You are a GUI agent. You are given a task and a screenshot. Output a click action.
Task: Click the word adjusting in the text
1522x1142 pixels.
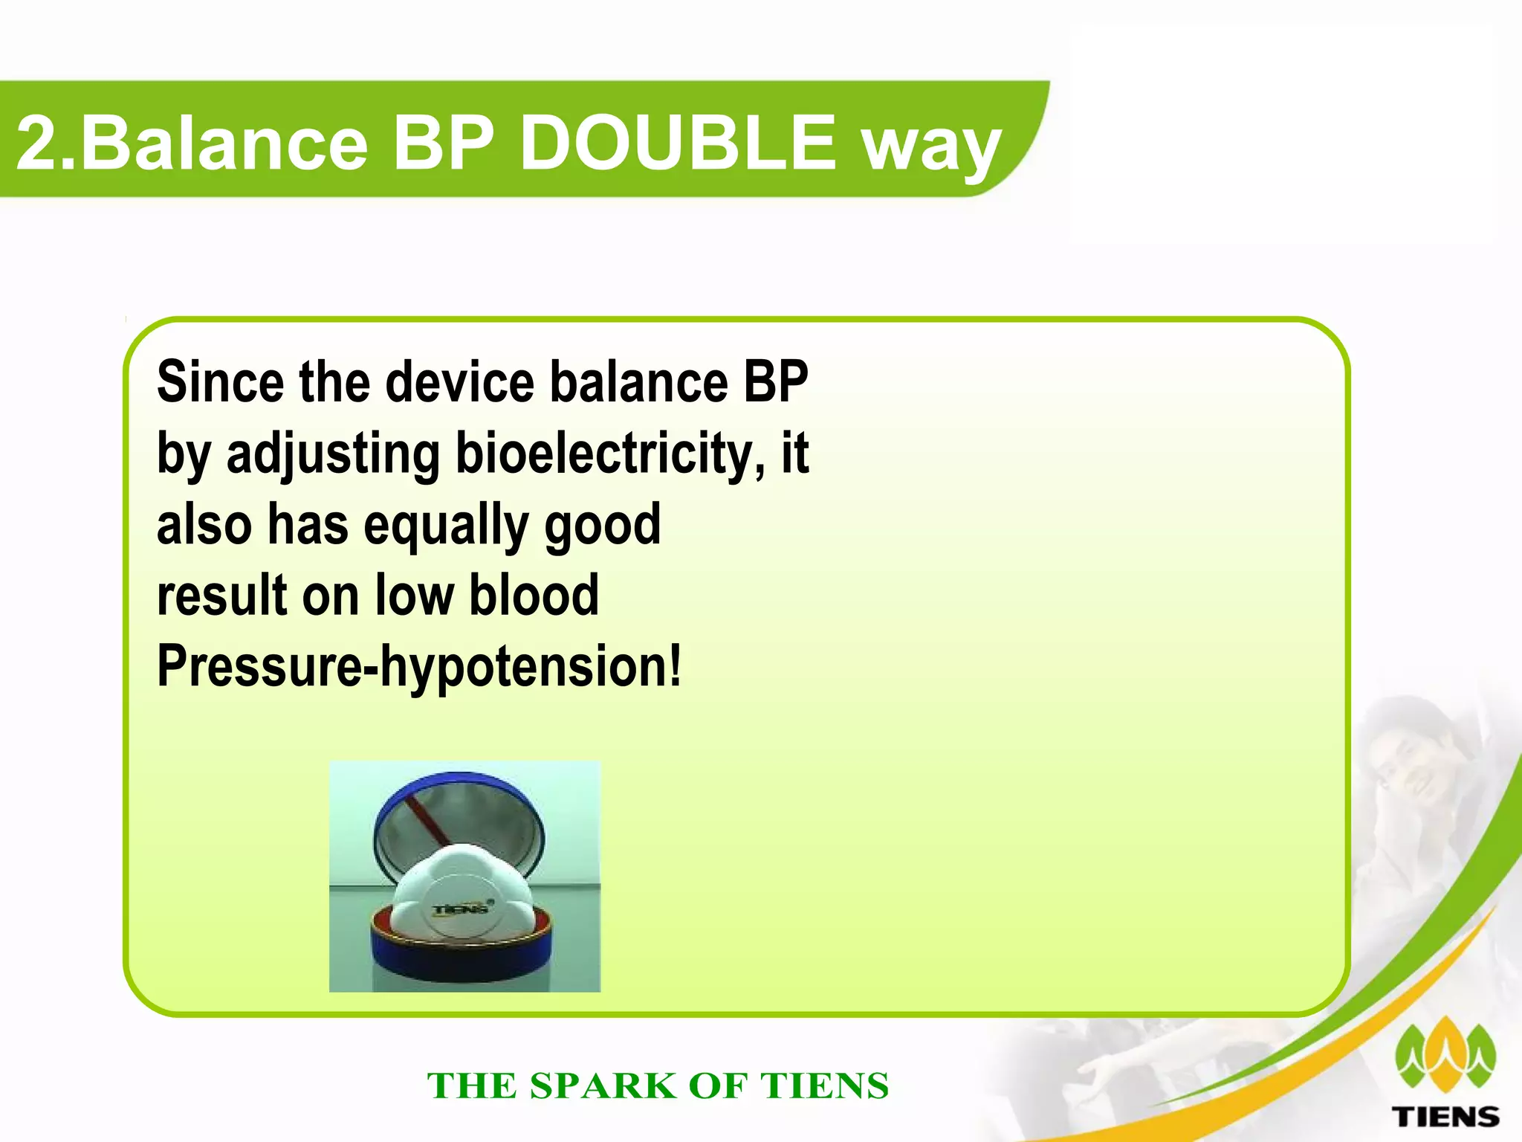333,455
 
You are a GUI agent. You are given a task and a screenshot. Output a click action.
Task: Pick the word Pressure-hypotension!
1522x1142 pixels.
418,667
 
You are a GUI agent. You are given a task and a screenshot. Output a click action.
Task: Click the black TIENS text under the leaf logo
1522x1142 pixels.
1445,1117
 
